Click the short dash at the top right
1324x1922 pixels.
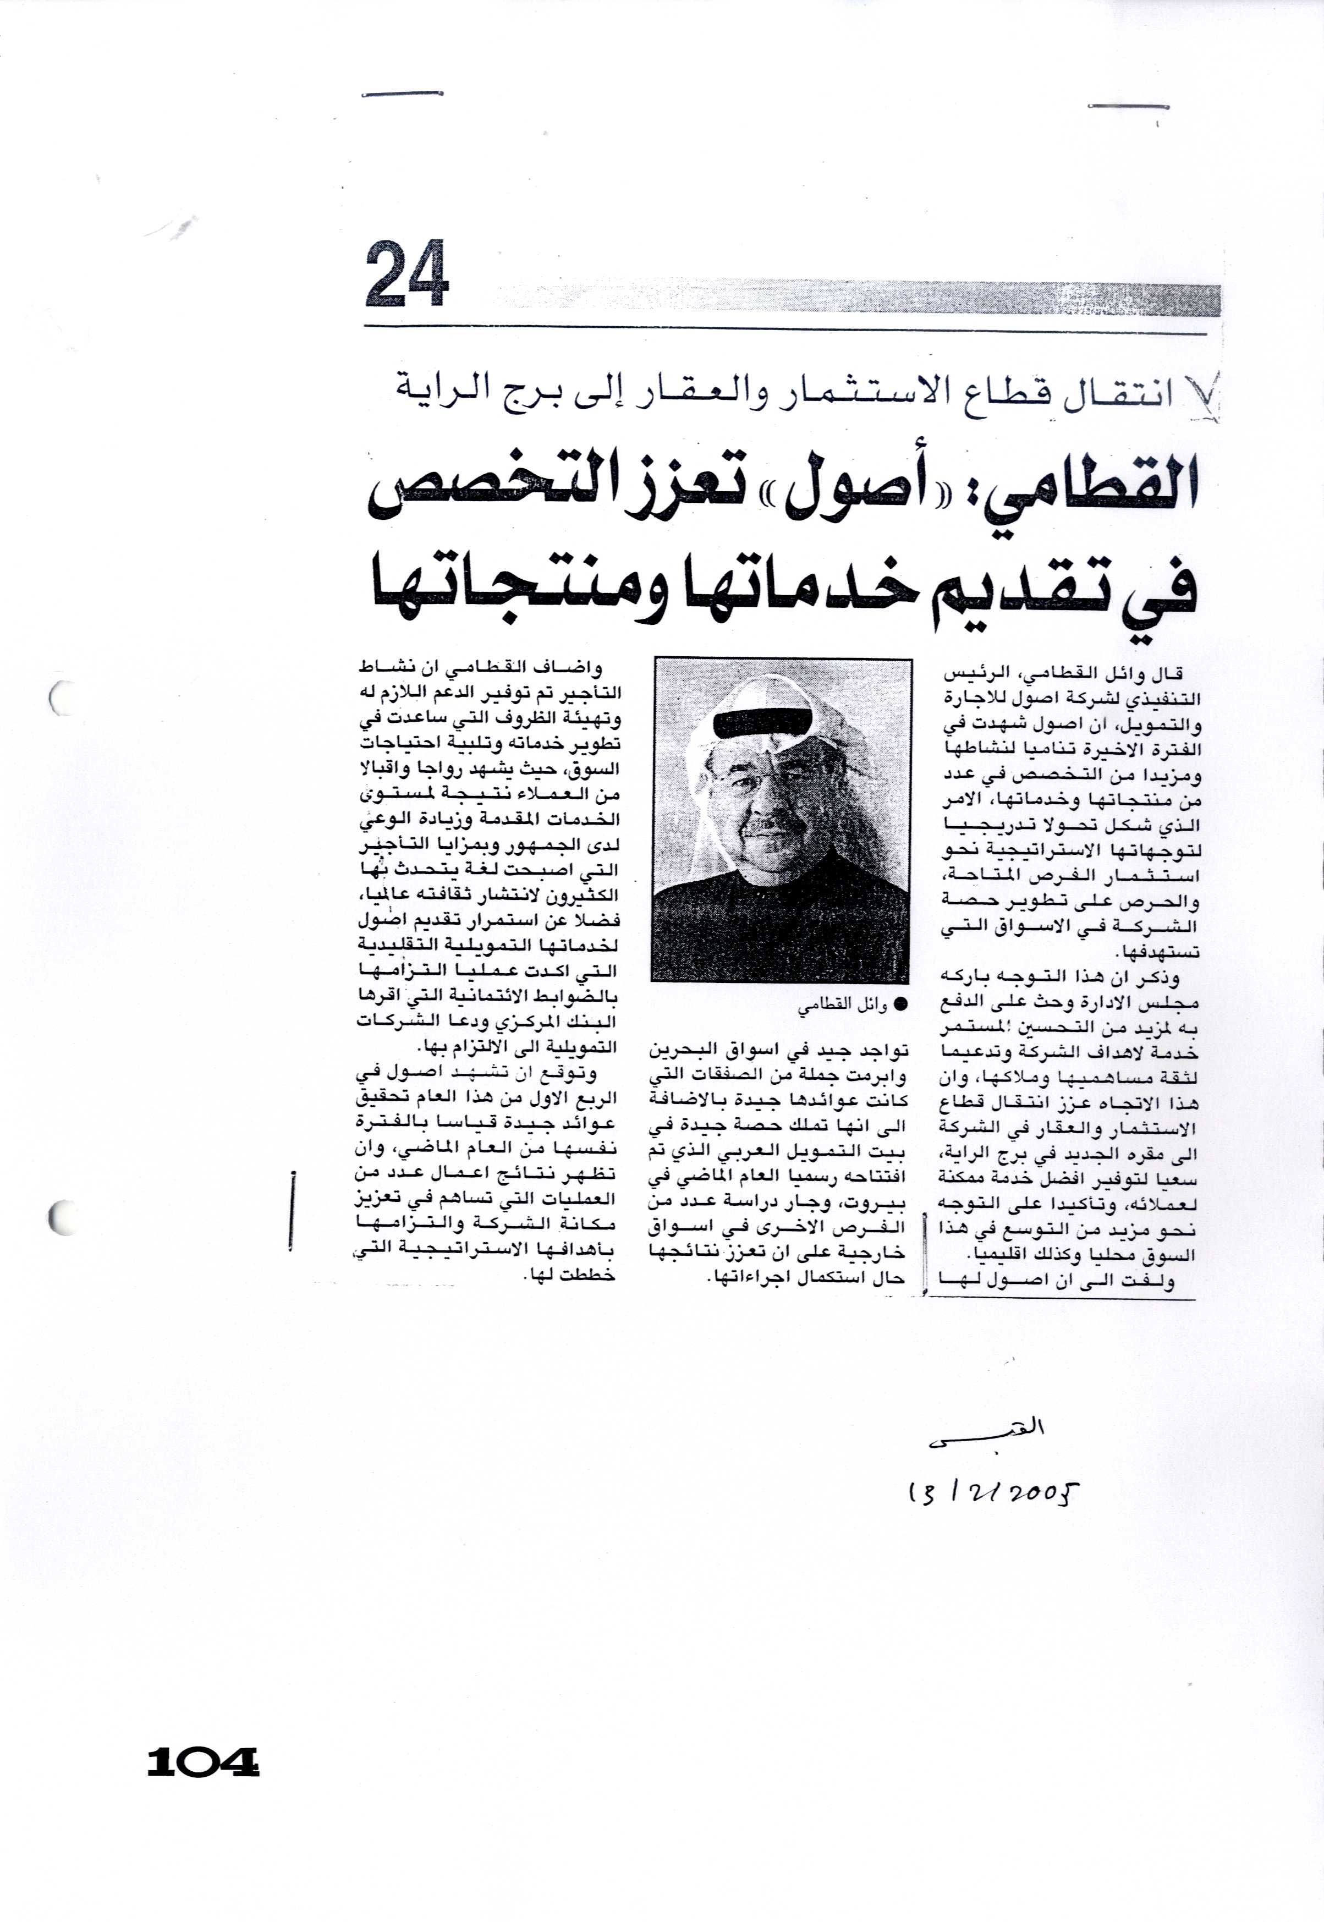1128,106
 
